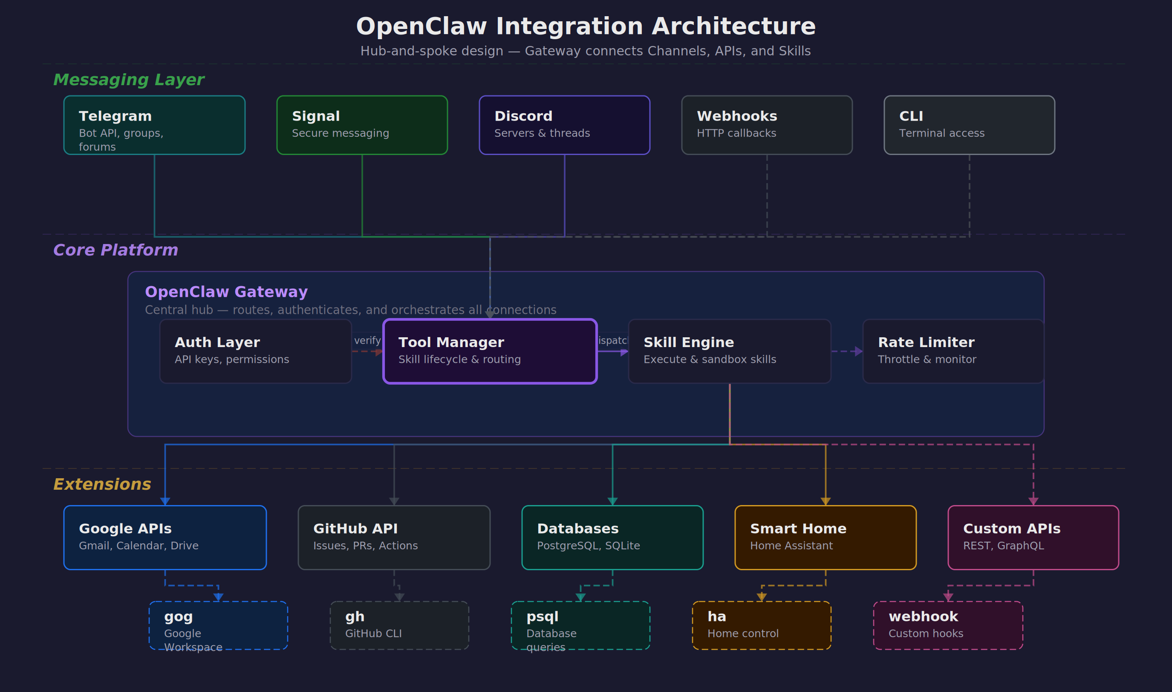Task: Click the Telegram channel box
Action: click(x=154, y=125)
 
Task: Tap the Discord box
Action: click(x=564, y=125)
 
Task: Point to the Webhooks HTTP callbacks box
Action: click(x=767, y=125)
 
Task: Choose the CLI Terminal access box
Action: click(x=969, y=125)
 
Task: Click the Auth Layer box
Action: click(x=255, y=351)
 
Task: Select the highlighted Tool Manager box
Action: click(x=489, y=351)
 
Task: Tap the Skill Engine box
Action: click(x=729, y=351)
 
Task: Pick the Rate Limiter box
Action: click(x=953, y=351)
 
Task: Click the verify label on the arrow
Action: click(x=367, y=340)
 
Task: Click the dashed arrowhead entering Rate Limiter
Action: click(x=858, y=352)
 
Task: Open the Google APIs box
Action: click(x=165, y=537)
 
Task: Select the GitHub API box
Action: click(x=394, y=537)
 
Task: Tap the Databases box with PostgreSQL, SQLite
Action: click(x=612, y=537)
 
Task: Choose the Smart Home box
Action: click(x=826, y=537)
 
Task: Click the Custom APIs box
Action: click(x=1033, y=537)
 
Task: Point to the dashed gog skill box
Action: click(x=218, y=625)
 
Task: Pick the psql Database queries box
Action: click(x=580, y=625)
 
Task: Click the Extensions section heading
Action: click(x=102, y=484)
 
